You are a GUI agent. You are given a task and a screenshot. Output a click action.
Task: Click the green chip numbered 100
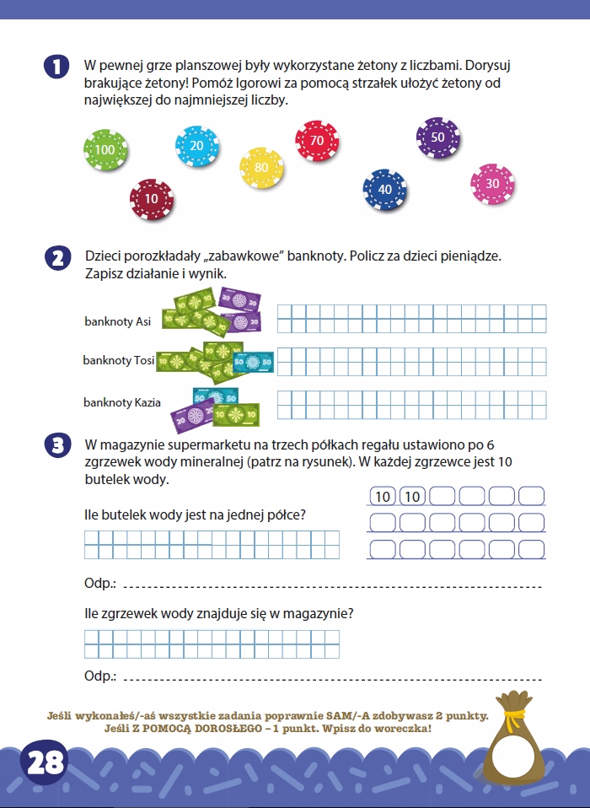(x=105, y=150)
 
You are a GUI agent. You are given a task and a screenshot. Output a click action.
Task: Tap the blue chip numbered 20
(x=196, y=146)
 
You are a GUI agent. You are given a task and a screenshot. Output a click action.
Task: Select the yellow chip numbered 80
(x=261, y=168)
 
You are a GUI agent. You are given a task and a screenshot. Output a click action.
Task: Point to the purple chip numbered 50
(x=437, y=137)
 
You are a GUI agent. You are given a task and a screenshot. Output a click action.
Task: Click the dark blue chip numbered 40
(x=384, y=190)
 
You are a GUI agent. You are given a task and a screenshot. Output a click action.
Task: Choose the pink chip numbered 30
(x=492, y=184)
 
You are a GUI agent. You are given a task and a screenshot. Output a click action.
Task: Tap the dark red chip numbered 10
(x=152, y=199)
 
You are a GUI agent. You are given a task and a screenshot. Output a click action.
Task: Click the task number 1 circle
(x=56, y=68)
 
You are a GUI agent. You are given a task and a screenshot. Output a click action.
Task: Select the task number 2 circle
(x=56, y=258)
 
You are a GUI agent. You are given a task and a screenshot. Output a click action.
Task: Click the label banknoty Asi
(x=118, y=321)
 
